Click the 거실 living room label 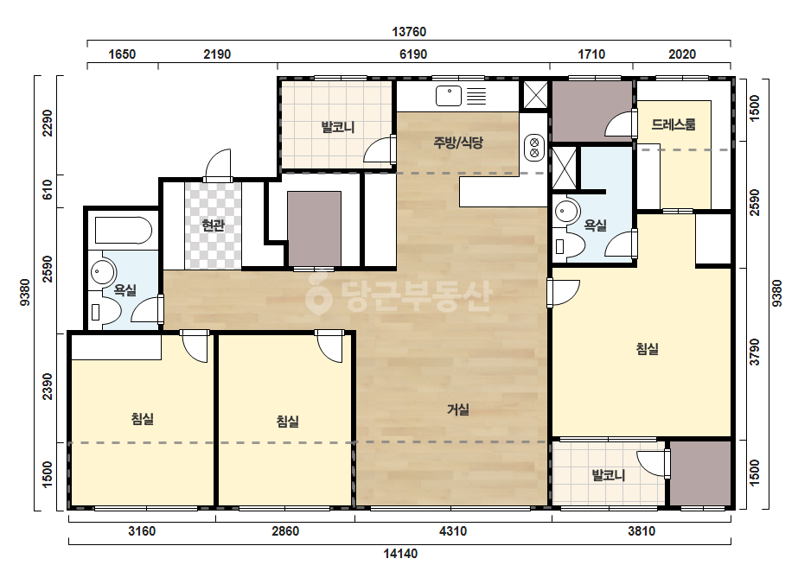pyautogui.click(x=458, y=409)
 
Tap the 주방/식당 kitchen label pyautogui.click(x=458, y=143)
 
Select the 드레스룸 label pyautogui.click(x=674, y=124)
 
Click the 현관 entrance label pyautogui.click(x=213, y=225)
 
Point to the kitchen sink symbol pyautogui.click(x=449, y=96)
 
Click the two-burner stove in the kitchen pyautogui.click(x=534, y=148)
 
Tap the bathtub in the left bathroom pyautogui.click(x=124, y=231)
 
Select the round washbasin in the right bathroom pyautogui.click(x=567, y=211)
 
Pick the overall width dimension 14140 pyautogui.click(x=400, y=554)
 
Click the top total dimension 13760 pyautogui.click(x=409, y=32)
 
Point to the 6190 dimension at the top pyautogui.click(x=412, y=54)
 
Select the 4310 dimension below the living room pyautogui.click(x=452, y=531)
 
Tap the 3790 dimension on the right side pyautogui.click(x=755, y=352)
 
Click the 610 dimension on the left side pyautogui.click(x=48, y=190)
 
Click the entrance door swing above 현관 pyautogui.click(x=218, y=164)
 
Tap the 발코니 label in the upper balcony pyautogui.click(x=338, y=127)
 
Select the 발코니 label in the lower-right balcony pyautogui.click(x=608, y=475)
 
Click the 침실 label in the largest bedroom pyautogui.click(x=648, y=348)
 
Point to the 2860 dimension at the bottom pyautogui.click(x=285, y=531)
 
